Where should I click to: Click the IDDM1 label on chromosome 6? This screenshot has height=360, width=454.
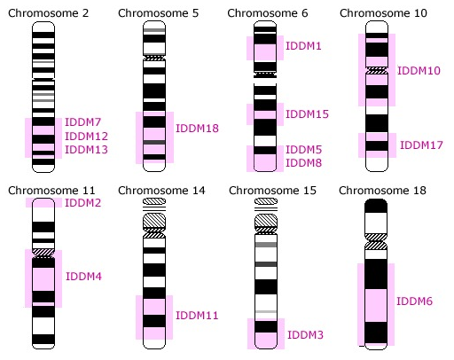click(x=303, y=46)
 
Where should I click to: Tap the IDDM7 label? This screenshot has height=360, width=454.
click(x=83, y=122)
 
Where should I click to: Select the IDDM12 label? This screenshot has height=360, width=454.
click(x=86, y=137)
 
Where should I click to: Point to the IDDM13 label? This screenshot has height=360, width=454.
click(x=86, y=150)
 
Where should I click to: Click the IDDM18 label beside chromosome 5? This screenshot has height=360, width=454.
click(x=197, y=129)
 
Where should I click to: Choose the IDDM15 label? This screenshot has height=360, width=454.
click(x=307, y=114)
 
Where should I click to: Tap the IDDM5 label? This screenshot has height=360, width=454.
click(x=303, y=150)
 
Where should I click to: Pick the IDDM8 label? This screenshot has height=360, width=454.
click(x=303, y=163)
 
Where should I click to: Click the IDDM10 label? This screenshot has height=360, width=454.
click(x=419, y=71)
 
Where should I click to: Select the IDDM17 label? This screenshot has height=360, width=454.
click(x=421, y=145)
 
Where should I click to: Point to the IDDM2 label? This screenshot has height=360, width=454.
click(x=83, y=203)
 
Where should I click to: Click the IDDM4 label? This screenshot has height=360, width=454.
click(x=83, y=277)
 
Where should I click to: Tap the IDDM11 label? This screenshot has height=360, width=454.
click(x=197, y=316)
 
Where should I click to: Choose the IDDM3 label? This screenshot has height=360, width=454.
click(x=305, y=335)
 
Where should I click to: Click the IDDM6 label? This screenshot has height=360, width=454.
click(x=414, y=301)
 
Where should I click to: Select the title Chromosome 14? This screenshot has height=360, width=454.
click(x=161, y=191)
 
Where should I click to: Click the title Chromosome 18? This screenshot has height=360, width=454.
click(x=382, y=191)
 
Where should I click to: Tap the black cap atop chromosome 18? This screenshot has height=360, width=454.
click(x=376, y=206)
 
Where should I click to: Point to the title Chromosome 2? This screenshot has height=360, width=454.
click(x=49, y=13)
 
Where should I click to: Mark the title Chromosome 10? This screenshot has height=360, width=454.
click(x=383, y=13)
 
